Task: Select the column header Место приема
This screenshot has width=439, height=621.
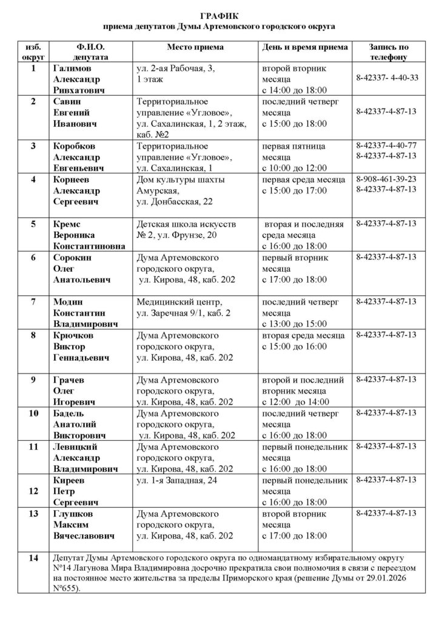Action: coord(195,47)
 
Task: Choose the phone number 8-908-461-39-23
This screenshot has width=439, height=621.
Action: coord(386,179)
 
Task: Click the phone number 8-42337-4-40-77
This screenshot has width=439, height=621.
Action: coord(386,146)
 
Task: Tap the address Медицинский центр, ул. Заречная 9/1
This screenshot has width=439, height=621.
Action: coord(182,307)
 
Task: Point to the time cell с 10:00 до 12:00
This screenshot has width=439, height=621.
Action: coord(294,166)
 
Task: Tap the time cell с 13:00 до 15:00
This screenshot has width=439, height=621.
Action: coord(294,323)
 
